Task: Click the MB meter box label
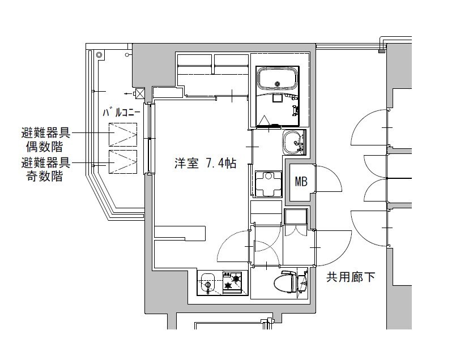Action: [x=301, y=182]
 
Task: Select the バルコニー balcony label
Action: [x=121, y=112]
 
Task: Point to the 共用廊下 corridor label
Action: [x=350, y=277]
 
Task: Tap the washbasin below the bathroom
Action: [x=293, y=142]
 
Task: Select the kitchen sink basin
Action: [x=207, y=281]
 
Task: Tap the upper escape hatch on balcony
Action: [x=123, y=135]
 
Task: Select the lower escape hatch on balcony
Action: [x=123, y=162]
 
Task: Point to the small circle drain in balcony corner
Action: [x=99, y=55]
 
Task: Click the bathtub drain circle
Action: [x=278, y=84]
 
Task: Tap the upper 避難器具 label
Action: [x=46, y=134]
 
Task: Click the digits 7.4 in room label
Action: [x=213, y=164]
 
